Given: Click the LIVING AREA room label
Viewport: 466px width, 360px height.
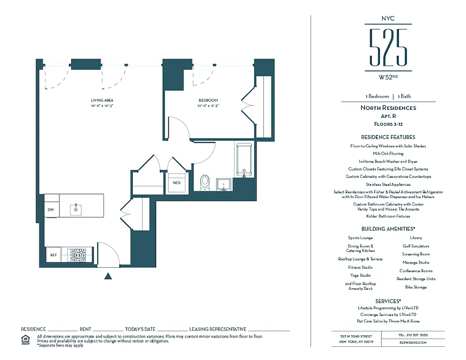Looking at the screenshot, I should click(102, 100).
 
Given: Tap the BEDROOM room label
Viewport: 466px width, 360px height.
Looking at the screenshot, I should click(208, 100).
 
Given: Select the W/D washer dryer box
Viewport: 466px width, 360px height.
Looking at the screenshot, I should click(176, 183).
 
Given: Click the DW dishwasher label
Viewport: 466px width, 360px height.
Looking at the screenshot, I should click(50, 210).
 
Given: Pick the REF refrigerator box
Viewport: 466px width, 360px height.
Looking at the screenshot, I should click(54, 255).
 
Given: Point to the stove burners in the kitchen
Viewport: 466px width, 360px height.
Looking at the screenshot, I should click(77, 255).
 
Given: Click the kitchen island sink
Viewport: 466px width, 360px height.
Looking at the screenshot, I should click(76, 209).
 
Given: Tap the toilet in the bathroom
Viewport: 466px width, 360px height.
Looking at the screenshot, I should click(205, 181).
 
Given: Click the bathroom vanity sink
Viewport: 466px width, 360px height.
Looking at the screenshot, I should click(224, 184).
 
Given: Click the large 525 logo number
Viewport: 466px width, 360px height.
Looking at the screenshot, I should click(388, 47).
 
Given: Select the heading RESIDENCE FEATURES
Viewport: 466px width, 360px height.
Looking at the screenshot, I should click(388, 137).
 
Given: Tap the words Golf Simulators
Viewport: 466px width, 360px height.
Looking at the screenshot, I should click(416, 246).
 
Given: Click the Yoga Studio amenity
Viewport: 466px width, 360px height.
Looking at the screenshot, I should click(360, 275).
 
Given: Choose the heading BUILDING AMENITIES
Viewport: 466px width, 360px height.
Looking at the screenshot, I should click(388, 229).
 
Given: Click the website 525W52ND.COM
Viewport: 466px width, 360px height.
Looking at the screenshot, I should click(412, 342).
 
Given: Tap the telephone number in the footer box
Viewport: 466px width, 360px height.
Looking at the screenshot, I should click(413, 335).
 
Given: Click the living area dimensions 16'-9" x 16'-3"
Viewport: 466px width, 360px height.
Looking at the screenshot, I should click(102, 106).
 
